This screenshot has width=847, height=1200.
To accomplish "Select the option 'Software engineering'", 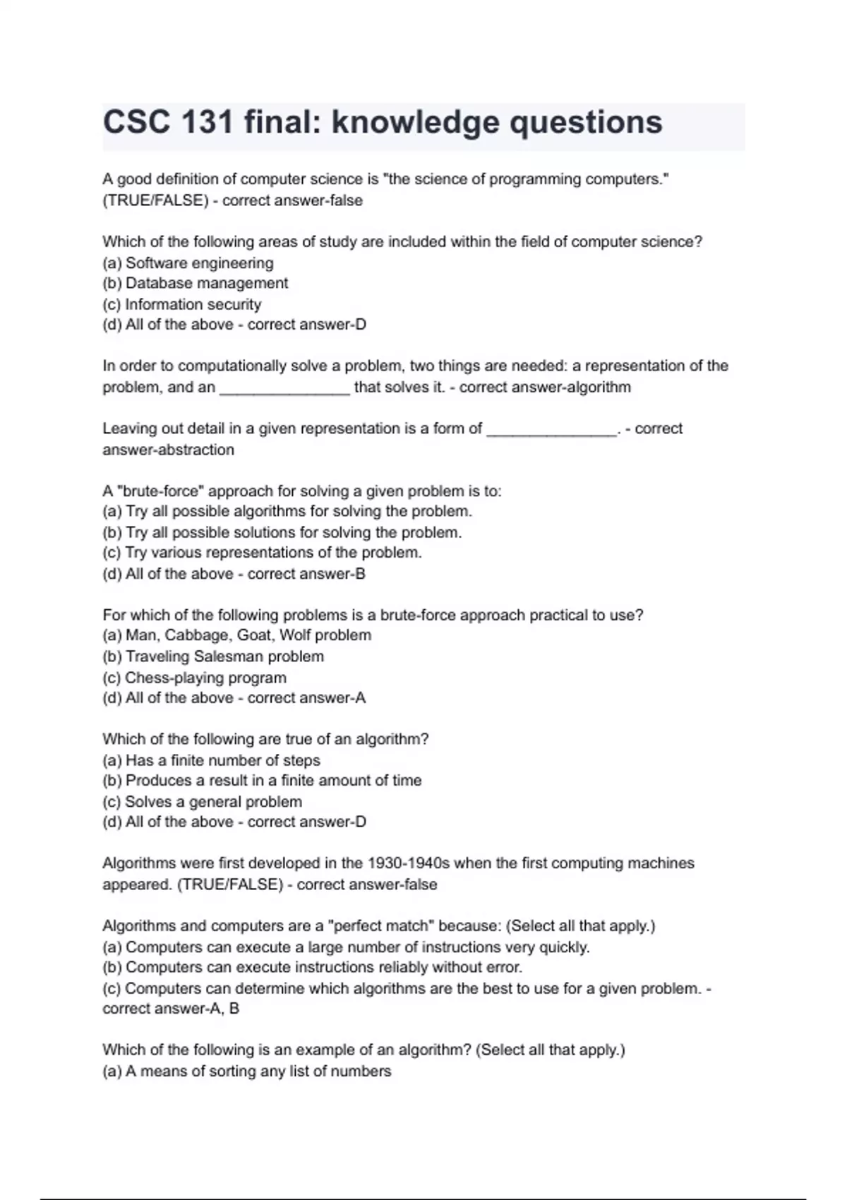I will (x=200, y=263).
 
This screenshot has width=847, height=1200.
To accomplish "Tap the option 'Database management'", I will (x=207, y=284).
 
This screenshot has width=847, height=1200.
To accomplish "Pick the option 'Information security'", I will (x=193, y=305).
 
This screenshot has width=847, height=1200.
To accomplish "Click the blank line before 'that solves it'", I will (x=284, y=388).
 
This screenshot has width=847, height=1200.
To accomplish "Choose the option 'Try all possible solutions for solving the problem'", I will (x=294, y=533).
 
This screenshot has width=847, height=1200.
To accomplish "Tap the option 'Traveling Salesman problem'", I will (x=224, y=656).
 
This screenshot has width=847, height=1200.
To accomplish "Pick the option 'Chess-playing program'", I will (x=205, y=678).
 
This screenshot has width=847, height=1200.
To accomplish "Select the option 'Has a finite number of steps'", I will (x=222, y=761).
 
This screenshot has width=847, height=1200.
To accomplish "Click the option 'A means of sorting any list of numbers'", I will (x=258, y=1072).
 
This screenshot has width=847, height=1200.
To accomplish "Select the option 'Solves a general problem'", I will (x=213, y=803).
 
